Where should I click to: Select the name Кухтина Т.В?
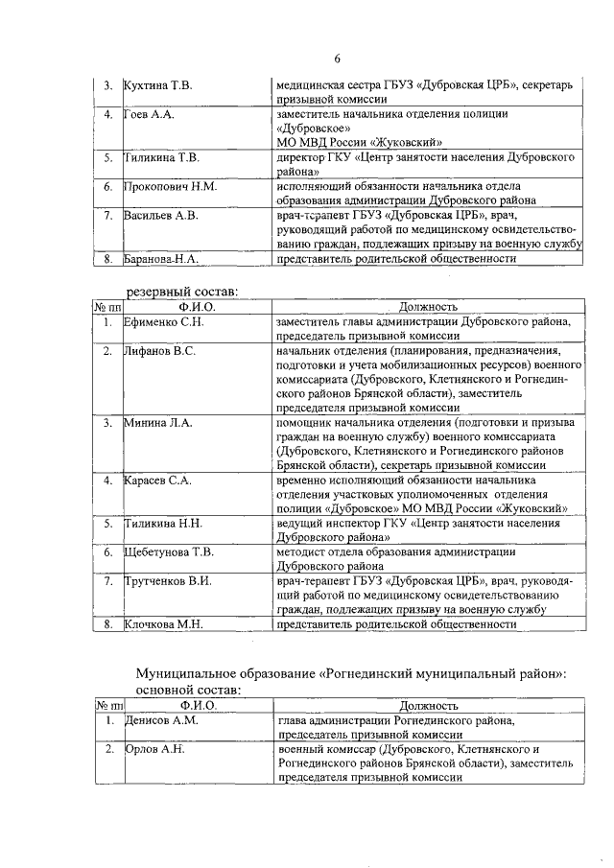pyautogui.click(x=158, y=86)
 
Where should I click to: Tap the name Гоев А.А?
pyautogui.click(x=148, y=115)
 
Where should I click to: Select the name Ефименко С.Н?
pyautogui.click(x=163, y=322)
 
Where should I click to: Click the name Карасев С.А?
pyautogui.click(x=158, y=480)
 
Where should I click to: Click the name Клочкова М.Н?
pyautogui.click(x=161, y=623)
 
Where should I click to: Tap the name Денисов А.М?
pyautogui.click(x=160, y=720)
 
